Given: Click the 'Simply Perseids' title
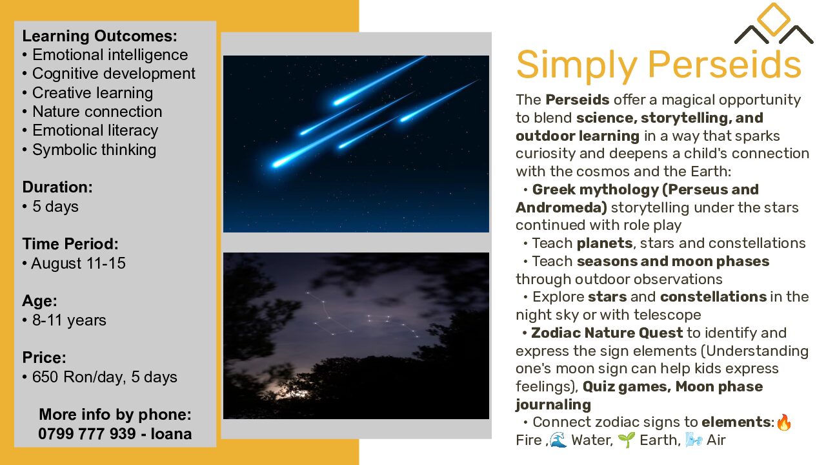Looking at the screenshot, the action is tap(659, 65).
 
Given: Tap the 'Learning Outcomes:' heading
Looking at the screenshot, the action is tap(99, 36).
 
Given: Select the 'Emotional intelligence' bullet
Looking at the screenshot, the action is tap(110, 55).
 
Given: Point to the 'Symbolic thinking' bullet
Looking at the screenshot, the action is tap(94, 150).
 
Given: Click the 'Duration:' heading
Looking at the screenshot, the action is tap(57, 187).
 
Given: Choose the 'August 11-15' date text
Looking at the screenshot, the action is tap(78, 263).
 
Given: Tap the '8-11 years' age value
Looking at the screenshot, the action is tap(69, 320).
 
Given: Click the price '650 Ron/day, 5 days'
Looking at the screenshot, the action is tap(105, 377).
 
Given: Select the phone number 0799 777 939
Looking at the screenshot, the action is tap(86, 434).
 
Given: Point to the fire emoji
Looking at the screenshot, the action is tap(784, 422).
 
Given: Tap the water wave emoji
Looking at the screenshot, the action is tap(558, 440).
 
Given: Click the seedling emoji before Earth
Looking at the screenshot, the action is tap(627, 440).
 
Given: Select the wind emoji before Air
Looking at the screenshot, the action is tap(694, 440).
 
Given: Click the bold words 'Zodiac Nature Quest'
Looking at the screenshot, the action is tap(607, 333).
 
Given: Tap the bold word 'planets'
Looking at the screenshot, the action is tap(605, 243).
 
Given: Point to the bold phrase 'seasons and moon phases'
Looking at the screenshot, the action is tap(673, 262).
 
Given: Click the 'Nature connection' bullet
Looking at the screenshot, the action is tap(97, 112).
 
